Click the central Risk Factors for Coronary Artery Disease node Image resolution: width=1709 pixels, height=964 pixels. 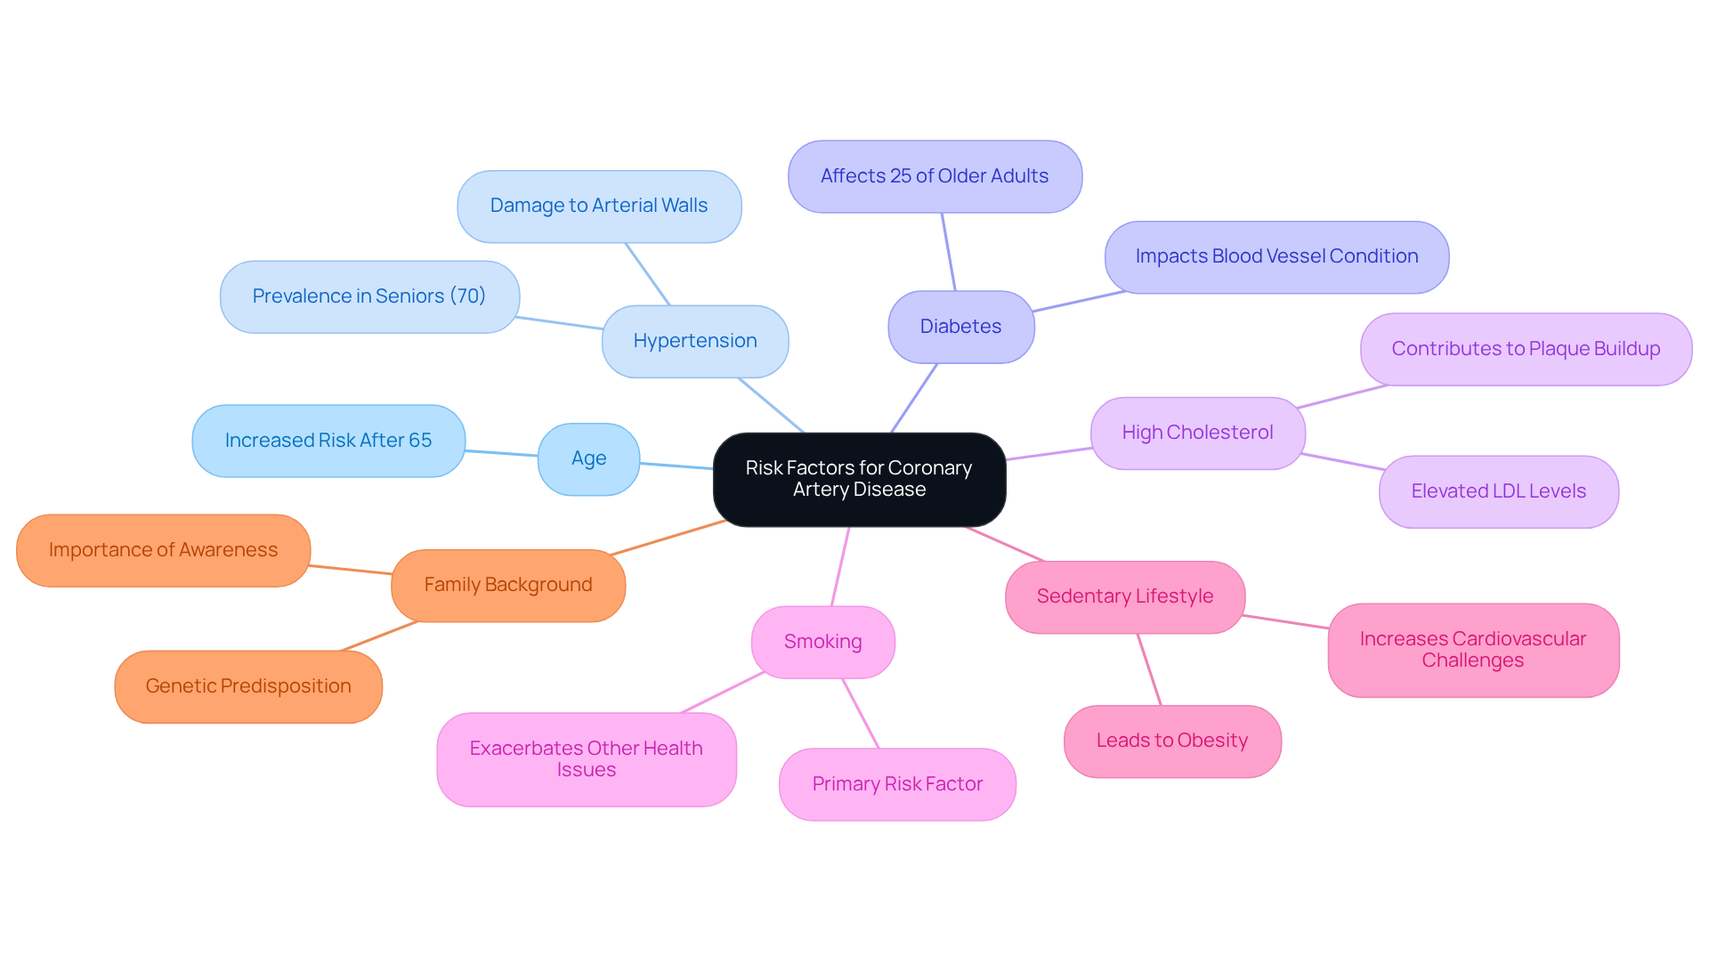[x=859, y=479]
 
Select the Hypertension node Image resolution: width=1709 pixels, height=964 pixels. [x=694, y=341]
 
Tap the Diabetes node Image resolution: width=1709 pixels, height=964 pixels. [x=960, y=327]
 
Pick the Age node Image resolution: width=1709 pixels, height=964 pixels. [x=588, y=458]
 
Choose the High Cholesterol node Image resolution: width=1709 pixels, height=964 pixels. [x=1197, y=433]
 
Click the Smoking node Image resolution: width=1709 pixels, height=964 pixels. [x=822, y=642]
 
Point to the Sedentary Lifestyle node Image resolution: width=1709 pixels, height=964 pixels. [x=1124, y=596]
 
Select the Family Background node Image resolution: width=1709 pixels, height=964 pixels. [x=507, y=585]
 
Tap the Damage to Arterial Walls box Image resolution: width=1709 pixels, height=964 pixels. [x=598, y=206]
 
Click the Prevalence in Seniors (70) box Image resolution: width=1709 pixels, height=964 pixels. [x=369, y=296]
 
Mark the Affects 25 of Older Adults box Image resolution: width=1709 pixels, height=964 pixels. [x=934, y=176]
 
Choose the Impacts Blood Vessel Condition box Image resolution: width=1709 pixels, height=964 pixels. [x=1276, y=256]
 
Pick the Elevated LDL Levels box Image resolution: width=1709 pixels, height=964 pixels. [x=1498, y=491]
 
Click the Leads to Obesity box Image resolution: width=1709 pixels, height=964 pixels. [x=1171, y=741]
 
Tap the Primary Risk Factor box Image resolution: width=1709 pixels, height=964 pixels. [x=896, y=784]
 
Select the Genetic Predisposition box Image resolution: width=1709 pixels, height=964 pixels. [x=247, y=686]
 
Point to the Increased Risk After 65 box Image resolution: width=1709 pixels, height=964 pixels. [x=328, y=441]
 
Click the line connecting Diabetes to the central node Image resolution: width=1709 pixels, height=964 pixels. [x=914, y=398]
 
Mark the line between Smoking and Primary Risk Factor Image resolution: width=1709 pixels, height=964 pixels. [x=860, y=713]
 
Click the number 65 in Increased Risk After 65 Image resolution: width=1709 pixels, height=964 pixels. [x=420, y=441]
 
